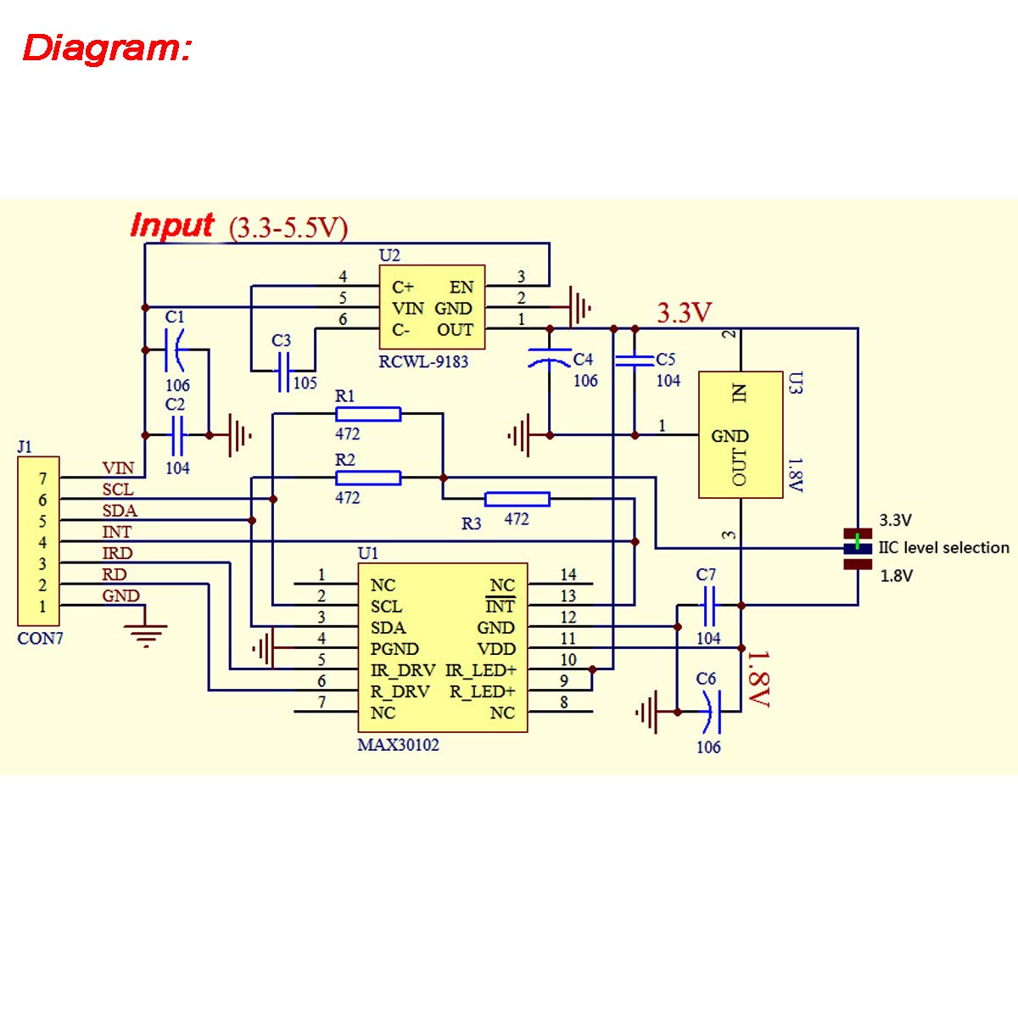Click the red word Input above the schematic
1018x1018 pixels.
coord(172,226)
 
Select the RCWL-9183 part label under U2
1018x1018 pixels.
coord(423,361)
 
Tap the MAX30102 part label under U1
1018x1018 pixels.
coord(399,745)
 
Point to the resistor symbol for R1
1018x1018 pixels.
coord(368,414)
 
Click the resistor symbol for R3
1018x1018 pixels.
coord(517,499)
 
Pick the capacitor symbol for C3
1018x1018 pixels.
coord(283,371)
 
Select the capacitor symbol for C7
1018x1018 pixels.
coord(709,605)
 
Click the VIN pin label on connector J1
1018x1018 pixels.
coord(118,467)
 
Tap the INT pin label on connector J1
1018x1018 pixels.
coord(117,532)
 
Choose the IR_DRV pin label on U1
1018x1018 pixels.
coord(402,670)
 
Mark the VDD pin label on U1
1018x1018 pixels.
coord(496,649)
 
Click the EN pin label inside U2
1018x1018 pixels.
coord(461,287)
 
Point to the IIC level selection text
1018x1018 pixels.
coord(943,548)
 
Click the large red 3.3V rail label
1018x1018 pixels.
coord(684,313)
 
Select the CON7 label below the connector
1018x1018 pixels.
coord(40,639)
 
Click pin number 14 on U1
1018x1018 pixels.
coord(568,575)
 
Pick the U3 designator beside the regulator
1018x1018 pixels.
coord(794,383)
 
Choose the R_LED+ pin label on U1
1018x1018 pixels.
coord(482,691)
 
